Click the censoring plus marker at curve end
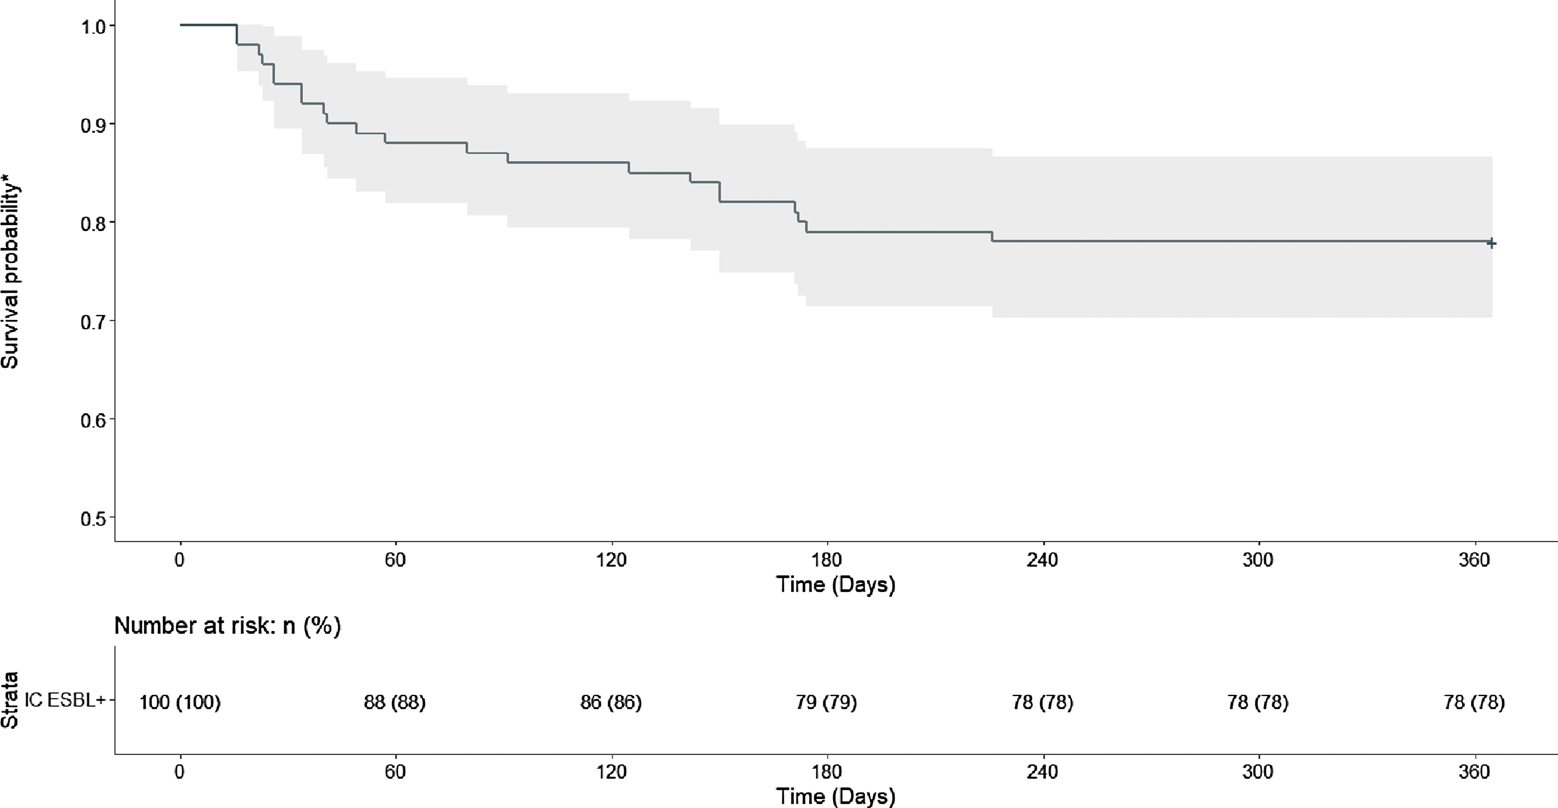click(1492, 243)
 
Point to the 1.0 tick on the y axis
click(94, 27)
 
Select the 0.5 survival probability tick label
click(94, 519)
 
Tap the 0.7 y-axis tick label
click(94, 322)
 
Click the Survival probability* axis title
click(10, 269)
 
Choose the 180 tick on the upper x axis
click(826, 560)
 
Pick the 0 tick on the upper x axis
click(179, 560)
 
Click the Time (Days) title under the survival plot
click(835, 584)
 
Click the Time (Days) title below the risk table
click(835, 796)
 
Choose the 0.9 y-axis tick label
click(94, 125)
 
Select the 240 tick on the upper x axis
click(1042, 560)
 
